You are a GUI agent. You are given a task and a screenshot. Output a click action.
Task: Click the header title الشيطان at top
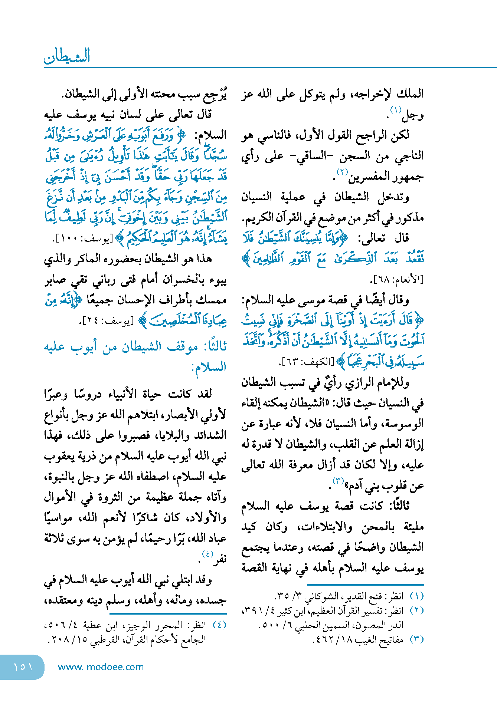click(67, 56)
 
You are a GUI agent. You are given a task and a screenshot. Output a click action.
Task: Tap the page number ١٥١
click(23, 667)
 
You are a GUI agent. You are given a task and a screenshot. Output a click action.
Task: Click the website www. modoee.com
click(101, 667)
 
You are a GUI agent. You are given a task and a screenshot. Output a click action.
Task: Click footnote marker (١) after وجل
click(396, 110)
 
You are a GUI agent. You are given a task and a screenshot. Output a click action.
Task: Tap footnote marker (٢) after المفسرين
click(342, 172)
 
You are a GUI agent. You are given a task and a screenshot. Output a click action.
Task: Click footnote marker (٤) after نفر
click(207, 554)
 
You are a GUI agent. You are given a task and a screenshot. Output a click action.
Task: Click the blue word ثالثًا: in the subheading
click(213, 347)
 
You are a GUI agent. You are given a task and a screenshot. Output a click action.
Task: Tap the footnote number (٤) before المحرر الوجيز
click(219, 625)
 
